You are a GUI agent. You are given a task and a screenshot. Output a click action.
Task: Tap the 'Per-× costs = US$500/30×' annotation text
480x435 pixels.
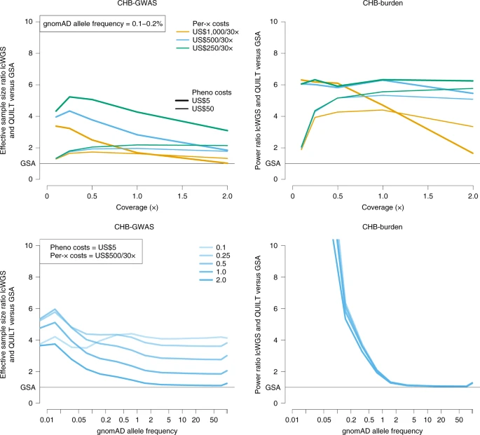click(92, 258)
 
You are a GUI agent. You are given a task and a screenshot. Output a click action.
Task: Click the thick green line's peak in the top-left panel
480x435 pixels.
click(69, 97)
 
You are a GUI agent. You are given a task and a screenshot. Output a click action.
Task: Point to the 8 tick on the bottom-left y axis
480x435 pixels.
click(32, 277)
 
